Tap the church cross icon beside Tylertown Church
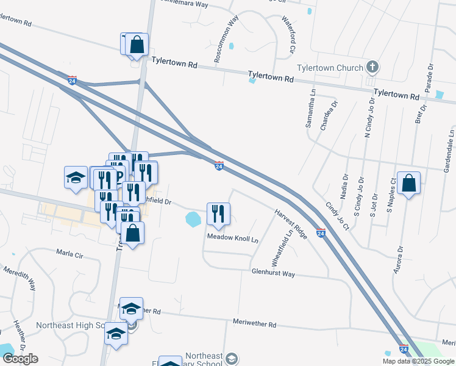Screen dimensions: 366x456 [x=372, y=67]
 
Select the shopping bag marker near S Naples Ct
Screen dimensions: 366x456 [x=410, y=184]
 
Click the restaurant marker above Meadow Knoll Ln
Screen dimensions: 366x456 [x=218, y=213]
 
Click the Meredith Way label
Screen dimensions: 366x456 [x=19, y=278]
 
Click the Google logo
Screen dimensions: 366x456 [x=20, y=359]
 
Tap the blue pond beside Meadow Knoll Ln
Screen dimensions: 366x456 [x=193, y=218]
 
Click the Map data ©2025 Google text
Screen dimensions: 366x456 [x=419, y=361]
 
